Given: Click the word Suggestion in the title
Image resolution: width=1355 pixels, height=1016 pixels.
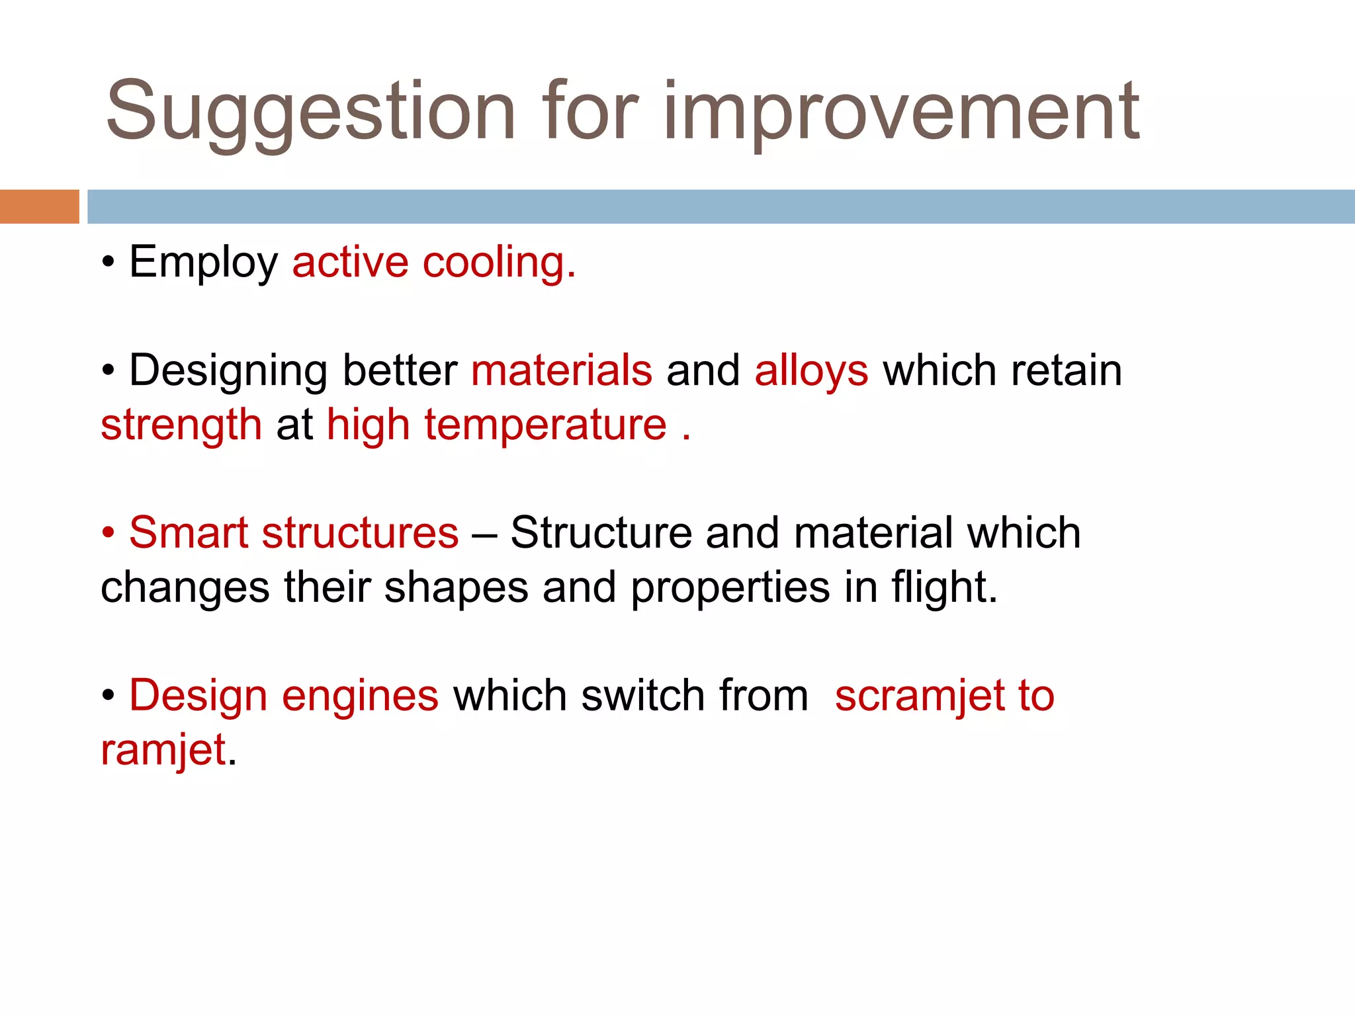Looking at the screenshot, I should point(310,112).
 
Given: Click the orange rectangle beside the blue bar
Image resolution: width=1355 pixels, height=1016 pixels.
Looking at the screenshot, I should point(39,206).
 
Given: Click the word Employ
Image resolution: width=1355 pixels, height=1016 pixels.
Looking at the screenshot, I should point(203,263).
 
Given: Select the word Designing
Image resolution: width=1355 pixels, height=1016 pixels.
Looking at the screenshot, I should point(227,371).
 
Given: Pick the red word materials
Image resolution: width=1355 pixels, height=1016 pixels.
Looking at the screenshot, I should point(562,371).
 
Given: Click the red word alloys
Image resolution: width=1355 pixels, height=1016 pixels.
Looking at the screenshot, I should point(811,371).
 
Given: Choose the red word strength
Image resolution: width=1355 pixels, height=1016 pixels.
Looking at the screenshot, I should point(181,425).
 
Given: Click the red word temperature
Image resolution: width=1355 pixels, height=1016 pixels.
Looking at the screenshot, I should point(545,425).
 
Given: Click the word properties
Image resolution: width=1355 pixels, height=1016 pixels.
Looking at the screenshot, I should point(730,588).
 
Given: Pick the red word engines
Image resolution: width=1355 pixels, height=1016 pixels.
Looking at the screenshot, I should point(360,696).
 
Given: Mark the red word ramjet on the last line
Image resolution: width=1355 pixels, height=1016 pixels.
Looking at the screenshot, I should point(163,751).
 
